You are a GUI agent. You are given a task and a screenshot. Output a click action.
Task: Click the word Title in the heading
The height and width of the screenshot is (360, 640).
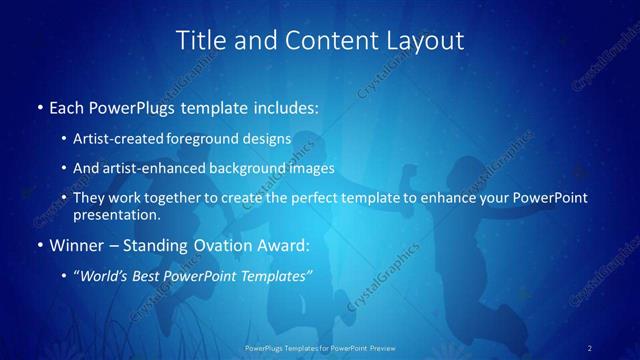[x=200, y=40]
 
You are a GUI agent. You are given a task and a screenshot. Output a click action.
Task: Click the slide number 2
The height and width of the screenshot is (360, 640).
[x=589, y=348]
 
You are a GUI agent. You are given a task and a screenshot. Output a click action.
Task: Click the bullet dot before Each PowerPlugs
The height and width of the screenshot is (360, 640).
[x=39, y=106]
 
